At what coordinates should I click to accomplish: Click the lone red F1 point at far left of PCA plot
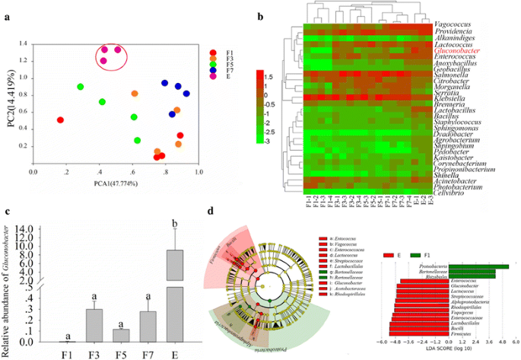point(60,119)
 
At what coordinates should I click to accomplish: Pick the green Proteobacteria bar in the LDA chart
point(478,266)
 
